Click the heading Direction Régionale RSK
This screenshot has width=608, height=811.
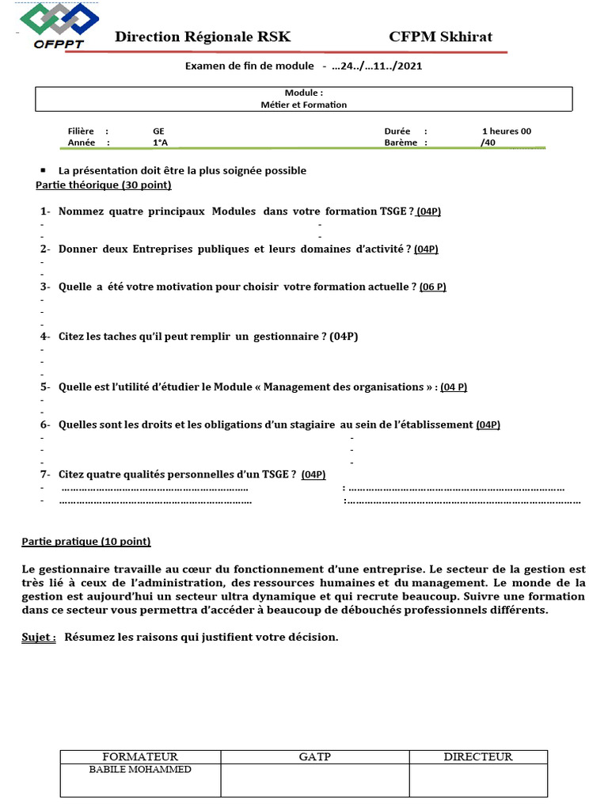(203, 37)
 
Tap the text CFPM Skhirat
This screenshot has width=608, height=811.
(440, 37)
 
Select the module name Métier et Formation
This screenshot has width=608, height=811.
(304, 105)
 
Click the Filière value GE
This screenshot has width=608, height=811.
(159, 131)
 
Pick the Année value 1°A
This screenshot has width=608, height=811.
(160, 143)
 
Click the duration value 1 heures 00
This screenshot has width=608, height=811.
(506, 131)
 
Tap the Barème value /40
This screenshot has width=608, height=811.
(488, 143)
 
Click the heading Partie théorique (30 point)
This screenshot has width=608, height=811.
(104, 185)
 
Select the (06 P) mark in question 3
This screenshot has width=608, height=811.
(433, 287)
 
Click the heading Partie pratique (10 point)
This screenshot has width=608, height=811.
(85, 542)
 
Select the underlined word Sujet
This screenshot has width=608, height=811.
(38, 637)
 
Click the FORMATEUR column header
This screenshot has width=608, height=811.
(140, 757)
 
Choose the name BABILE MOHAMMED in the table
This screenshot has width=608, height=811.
(140, 769)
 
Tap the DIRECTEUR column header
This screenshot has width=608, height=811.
(477, 757)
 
